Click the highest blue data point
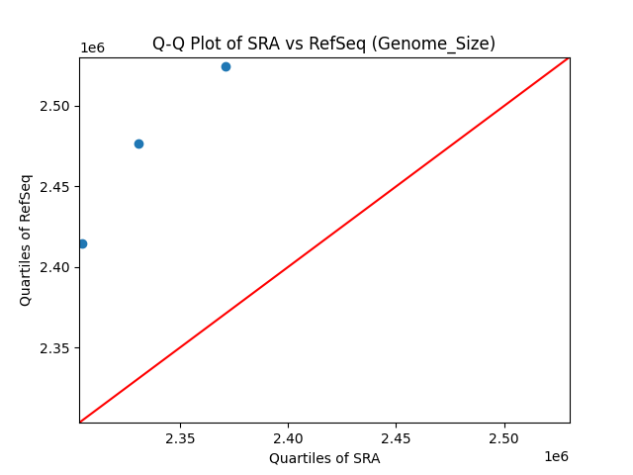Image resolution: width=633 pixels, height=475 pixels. click(x=226, y=66)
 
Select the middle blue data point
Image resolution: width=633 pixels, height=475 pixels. click(x=138, y=143)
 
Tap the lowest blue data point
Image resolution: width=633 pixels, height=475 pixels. click(x=82, y=243)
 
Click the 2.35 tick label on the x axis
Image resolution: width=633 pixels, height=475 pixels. click(x=180, y=437)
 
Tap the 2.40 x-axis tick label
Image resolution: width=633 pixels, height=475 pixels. click(x=288, y=437)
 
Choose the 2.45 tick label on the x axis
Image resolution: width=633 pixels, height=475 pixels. click(x=396, y=437)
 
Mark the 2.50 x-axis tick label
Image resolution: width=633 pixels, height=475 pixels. click(x=503, y=437)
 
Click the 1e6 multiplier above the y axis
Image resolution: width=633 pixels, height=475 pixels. click(x=92, y=48)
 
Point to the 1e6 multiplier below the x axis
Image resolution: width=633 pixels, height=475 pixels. click(x=556, y=456)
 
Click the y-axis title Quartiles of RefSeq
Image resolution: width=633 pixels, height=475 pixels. click(x=26, y=239)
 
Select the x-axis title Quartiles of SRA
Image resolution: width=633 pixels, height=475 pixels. click(x=324, y=458)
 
